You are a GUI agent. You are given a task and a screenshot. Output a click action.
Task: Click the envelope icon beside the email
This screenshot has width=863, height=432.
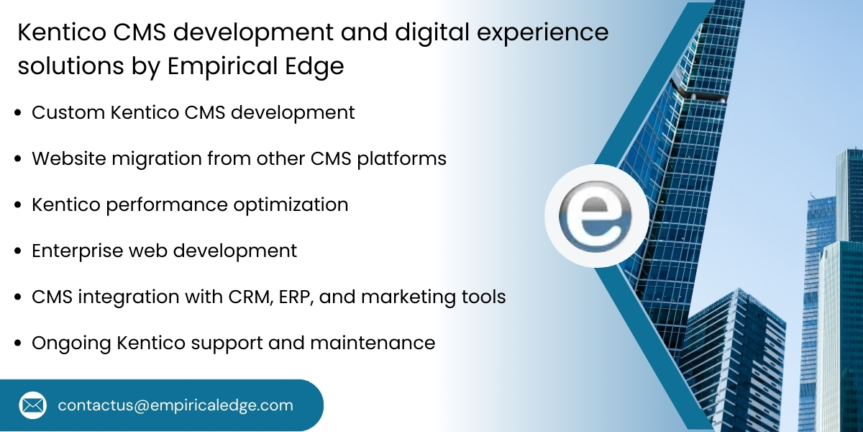[x=32, y=405]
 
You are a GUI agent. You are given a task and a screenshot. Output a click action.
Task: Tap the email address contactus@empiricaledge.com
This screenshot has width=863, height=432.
[x=175, y=405]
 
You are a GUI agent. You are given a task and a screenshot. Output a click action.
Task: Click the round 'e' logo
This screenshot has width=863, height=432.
[x=596, y=217]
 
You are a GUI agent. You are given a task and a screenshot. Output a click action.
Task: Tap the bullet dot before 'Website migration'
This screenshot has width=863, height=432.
[x=18, y=159]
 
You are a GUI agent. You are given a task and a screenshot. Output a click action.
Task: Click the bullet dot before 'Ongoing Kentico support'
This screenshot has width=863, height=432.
[x=18, y=343]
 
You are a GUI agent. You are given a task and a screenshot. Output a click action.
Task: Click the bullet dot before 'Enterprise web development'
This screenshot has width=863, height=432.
[x=18, y=251]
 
